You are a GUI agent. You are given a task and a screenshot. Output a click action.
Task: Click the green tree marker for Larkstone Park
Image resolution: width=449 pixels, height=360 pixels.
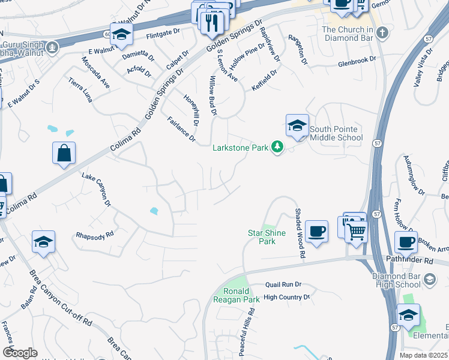coord(277,147)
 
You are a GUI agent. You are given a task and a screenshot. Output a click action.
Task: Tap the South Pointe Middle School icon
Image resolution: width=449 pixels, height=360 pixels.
coord(297,127)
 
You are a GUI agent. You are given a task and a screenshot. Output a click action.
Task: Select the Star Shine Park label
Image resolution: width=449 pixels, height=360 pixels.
coord(262,237)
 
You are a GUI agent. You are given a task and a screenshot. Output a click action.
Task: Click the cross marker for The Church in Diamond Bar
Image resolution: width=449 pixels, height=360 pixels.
coord(381,30)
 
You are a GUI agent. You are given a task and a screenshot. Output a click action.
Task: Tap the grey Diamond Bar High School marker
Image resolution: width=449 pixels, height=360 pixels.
coord(429,279)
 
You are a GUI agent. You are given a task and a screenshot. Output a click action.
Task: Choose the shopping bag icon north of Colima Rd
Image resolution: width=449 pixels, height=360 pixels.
coord(64,154)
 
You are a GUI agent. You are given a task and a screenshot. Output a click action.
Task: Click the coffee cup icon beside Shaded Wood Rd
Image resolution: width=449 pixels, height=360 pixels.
coord(316,232)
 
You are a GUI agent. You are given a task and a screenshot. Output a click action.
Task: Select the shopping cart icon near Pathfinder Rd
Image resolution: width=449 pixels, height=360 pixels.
coord(357,229)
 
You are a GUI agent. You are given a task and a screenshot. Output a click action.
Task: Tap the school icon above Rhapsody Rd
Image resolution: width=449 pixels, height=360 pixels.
coord(44,243)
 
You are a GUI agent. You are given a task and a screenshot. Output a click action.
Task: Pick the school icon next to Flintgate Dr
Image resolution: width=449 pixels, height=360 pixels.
coord(121,35)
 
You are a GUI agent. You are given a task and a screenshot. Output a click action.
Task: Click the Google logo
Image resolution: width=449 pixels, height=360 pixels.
coord(20,352)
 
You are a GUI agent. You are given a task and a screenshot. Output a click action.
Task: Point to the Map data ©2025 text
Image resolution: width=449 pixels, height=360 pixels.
coord(423,355)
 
